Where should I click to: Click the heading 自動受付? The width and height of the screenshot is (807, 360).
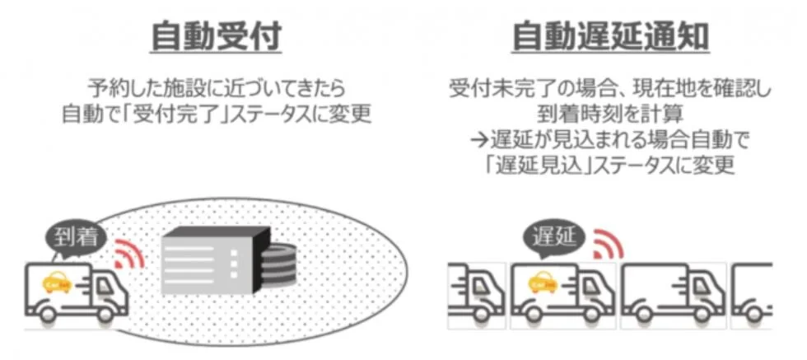click(216, 35)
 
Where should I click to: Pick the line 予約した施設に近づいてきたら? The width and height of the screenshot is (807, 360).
click(216, 86)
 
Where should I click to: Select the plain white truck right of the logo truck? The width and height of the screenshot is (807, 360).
click(672, 295)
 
